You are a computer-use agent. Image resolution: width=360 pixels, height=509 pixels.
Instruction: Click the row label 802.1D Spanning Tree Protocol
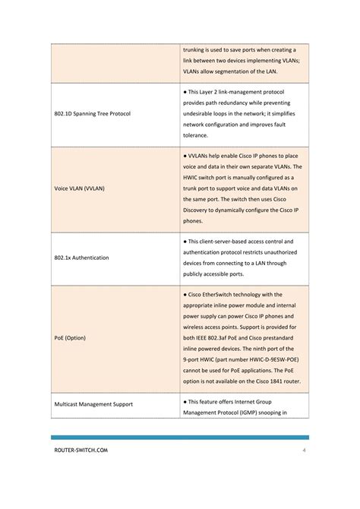pos(92,114)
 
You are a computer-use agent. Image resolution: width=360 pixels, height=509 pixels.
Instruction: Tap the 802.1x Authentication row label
pos(81,258)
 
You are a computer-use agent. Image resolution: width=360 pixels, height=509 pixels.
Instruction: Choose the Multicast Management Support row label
pos(94,403)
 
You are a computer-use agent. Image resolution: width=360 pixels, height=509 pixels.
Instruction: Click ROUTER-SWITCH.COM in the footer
pos(81,451)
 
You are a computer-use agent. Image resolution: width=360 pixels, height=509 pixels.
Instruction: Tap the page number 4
pos(303,451)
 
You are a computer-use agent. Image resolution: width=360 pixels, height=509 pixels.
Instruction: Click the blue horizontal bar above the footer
pos(179,438)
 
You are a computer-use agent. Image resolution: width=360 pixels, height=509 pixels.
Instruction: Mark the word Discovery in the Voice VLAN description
pos(200,210)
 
